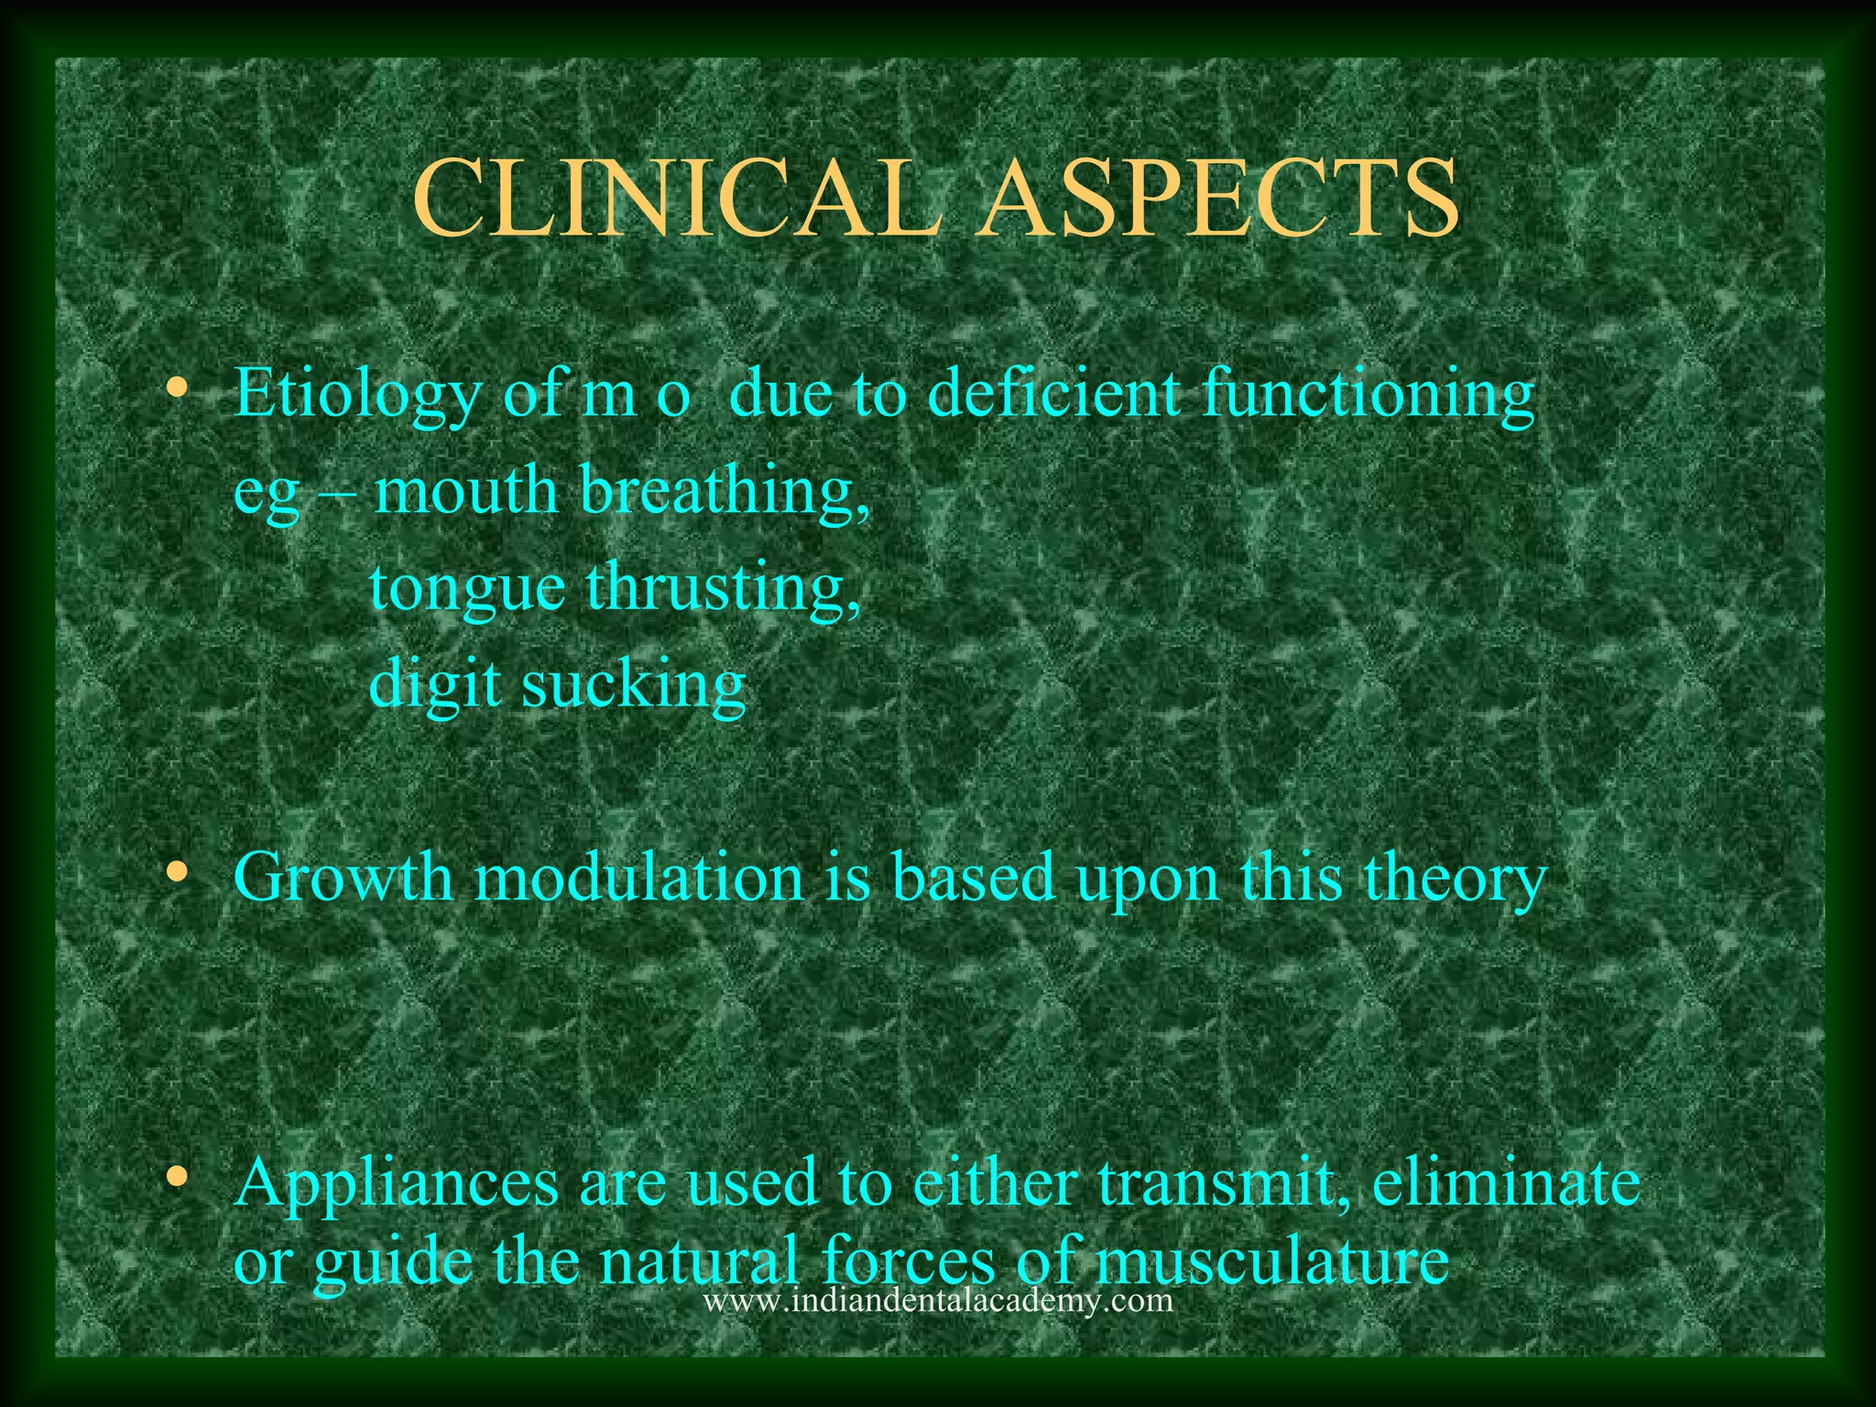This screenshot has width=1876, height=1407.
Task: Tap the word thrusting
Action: [x=724, y=588]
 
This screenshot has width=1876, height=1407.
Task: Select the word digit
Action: [x=435, y=685]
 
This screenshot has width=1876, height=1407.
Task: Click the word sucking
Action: [x=634, y=685]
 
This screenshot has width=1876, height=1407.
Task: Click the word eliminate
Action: [x=1506, y=1182]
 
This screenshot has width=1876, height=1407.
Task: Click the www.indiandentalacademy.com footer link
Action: [x=937, y=1301]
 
